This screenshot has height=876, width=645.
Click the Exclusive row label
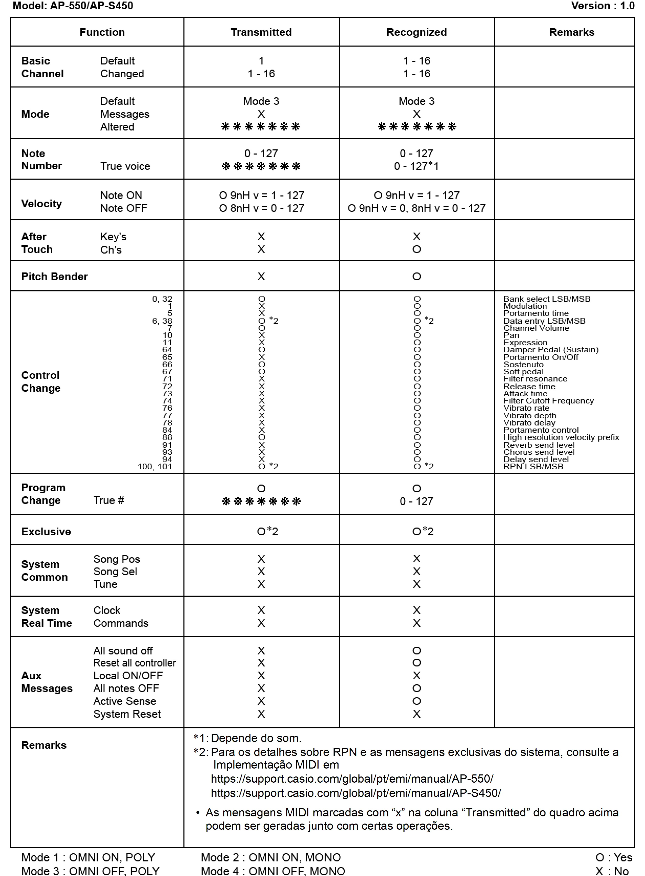pyautogui.click(x=46, y=531)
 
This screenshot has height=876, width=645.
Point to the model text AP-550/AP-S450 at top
pyautogui.click(x=91, y=6)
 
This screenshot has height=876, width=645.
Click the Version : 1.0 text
pyautogui.click(x=603, y=6)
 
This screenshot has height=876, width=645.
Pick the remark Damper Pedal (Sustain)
pyautogui.click(x=551, y=349)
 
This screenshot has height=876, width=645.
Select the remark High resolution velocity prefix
pyautogui.click(x=561, y=437)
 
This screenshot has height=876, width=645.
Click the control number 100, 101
pyautogui.click(x=155, y=466)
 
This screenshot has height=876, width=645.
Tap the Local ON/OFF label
pyautogui.click(x=128, y=675)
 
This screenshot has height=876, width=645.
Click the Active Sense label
pyautogui.click(x=125, y=701)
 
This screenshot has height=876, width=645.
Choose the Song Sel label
pyautogui.click(x=115, y=572)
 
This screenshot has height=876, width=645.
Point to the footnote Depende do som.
pyautogui.click(x=256, y=738)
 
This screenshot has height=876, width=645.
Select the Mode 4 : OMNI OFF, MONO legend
pyautogui.click(x=273, y=871)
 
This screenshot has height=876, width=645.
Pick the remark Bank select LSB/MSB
pyautogui.click(x=546, y=299)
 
